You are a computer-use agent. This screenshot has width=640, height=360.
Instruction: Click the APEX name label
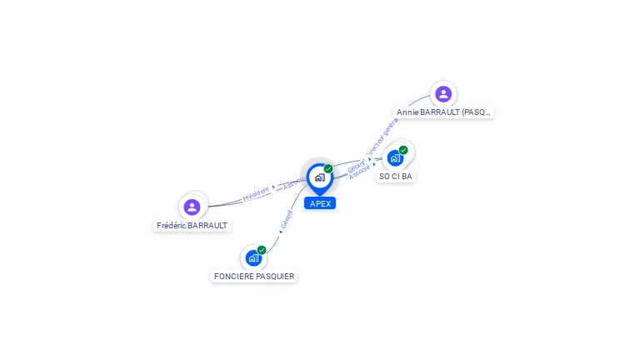(320, 203)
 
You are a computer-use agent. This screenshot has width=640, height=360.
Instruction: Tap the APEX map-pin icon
(319, 177)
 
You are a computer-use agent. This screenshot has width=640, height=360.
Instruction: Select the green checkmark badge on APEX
(328, 169)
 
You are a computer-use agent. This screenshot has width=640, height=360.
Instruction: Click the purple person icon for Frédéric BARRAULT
(192, 207)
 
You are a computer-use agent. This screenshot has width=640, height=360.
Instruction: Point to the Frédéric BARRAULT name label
(192, 226)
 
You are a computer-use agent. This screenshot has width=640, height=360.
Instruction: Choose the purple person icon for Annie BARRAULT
(443, 93)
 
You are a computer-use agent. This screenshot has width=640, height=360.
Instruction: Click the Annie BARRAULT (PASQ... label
(444, 112)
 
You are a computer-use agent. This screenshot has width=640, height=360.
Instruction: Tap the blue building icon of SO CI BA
(395, 158)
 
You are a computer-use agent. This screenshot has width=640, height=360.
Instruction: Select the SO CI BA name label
(396, 177)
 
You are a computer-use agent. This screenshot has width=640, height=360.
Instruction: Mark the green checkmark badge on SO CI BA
(403, 151)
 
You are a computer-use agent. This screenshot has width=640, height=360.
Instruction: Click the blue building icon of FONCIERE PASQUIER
(253, 258)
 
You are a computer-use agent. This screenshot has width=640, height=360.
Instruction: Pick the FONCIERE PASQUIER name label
(254, 277)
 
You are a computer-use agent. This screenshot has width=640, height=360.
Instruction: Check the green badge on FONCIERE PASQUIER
(262, 250)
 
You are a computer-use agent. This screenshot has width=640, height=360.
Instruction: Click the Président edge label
(256, 194)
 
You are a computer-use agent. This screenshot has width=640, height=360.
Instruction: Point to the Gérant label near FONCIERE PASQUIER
(287, 220)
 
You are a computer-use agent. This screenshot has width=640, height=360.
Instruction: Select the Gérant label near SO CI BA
(356, 166)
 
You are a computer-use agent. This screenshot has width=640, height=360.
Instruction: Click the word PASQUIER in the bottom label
(275, 277)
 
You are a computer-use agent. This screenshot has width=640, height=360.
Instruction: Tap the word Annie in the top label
(407, 112)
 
